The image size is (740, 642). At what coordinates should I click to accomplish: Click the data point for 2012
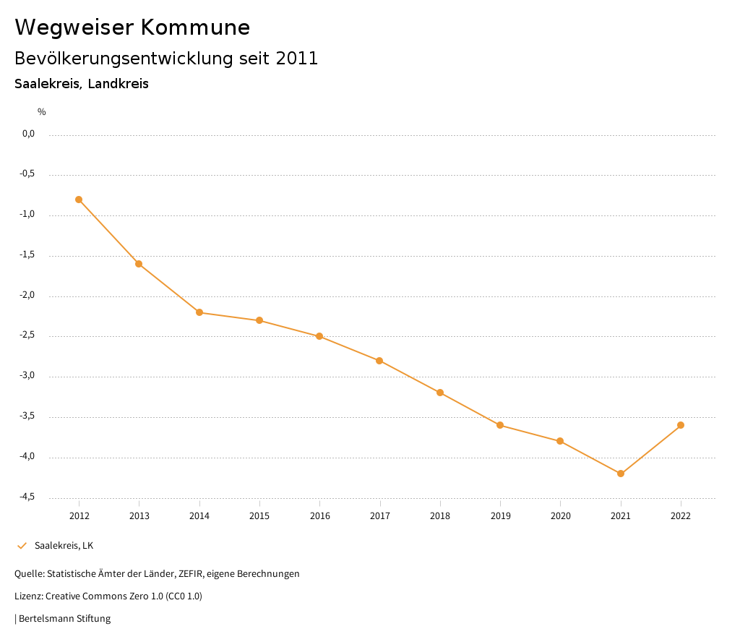(79, 200)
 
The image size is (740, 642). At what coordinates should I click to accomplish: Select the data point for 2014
(199, 312)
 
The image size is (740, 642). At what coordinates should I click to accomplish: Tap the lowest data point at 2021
(621, 474)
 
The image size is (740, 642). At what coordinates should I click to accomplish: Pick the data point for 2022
(681, 425)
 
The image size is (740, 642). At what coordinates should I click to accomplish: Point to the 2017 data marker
(380, 361)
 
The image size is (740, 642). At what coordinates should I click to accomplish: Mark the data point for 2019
(500, 425)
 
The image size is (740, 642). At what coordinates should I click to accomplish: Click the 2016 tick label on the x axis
(320, 516)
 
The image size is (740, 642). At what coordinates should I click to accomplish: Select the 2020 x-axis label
(561, 516)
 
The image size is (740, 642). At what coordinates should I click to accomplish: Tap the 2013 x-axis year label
(139, 516)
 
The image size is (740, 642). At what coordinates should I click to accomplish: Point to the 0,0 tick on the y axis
(28, 134)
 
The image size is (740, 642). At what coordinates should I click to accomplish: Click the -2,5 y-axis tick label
(27, 335)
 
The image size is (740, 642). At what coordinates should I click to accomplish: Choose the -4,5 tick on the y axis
(27, 497)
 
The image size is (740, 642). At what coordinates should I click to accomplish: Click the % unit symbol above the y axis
(42, 112)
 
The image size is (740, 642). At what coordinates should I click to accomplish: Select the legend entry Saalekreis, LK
(64, 546)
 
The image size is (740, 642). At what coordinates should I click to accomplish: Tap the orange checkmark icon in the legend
(22, 546)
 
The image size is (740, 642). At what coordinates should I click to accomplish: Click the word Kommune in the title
(195, 27)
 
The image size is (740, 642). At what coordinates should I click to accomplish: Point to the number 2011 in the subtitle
(297, 59)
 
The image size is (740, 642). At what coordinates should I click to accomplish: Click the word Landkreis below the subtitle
(119, 84)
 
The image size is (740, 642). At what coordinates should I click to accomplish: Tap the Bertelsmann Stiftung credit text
(64, 619)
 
